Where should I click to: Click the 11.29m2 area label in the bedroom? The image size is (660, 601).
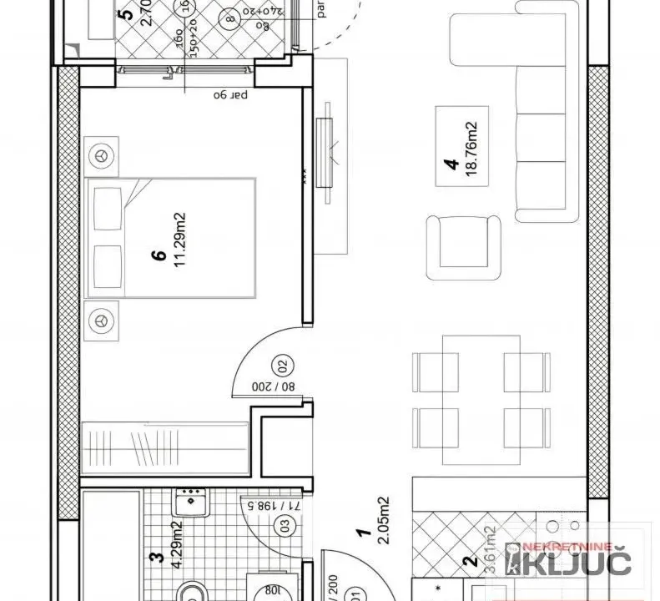179,240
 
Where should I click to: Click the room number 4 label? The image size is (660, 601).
450,165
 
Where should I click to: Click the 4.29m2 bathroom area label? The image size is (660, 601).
176,545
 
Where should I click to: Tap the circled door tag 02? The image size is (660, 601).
281,364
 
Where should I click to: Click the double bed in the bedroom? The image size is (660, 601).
171,236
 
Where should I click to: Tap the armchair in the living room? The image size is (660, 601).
464,247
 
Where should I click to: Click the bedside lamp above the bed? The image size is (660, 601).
102,154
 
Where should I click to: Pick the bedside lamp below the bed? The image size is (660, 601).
102,318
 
